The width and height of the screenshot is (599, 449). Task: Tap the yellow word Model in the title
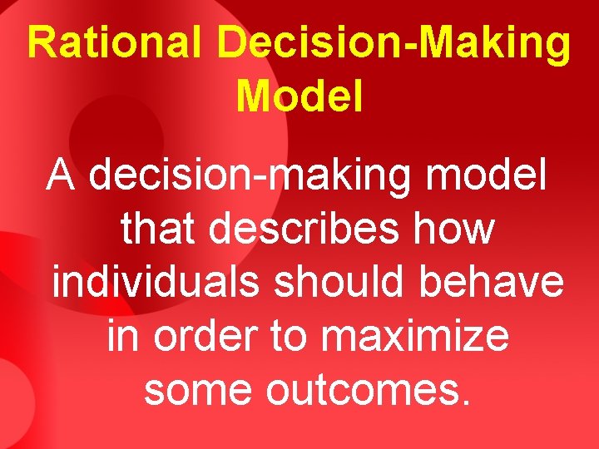click(299, 96)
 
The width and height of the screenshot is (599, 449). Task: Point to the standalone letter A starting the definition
click(61, 176)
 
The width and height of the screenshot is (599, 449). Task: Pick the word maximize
click(414, 336)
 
